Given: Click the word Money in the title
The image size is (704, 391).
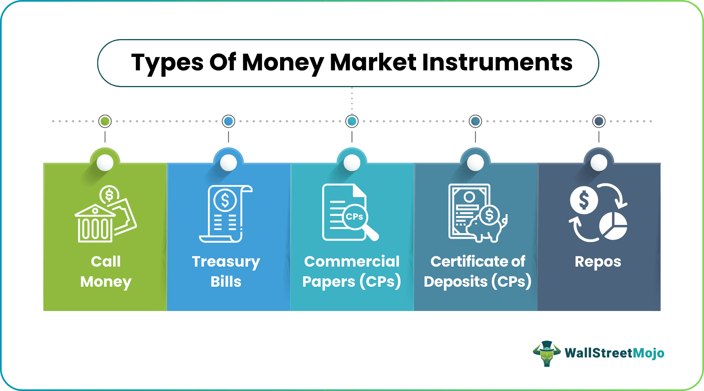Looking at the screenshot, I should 283,63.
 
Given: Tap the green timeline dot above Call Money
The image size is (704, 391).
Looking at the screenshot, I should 105,121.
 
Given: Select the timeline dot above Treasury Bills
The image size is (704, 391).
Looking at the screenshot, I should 228,121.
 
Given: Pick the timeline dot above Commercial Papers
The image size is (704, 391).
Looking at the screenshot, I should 352,121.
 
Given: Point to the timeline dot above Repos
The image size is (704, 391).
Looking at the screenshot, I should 599,121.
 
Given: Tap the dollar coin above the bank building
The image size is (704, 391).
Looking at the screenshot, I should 109,195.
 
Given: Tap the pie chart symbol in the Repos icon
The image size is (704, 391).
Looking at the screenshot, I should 613,226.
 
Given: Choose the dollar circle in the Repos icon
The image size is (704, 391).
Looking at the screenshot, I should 584,200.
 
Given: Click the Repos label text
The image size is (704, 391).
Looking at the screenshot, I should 598,262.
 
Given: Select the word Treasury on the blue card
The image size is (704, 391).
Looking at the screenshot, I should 226,262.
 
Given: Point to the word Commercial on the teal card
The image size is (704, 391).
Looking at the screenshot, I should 352,261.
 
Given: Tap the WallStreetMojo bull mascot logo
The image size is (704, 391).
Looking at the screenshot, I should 546,353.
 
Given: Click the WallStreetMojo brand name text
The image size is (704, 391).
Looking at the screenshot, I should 614,353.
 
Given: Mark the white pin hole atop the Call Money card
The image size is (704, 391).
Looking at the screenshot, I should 105,162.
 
